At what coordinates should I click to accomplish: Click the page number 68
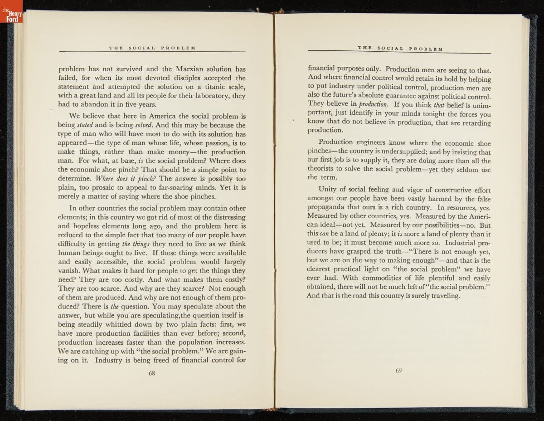tap(152, 374)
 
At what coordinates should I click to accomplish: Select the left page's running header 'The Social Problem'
tap(152, 48)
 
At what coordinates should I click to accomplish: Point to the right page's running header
tap(400, 48)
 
